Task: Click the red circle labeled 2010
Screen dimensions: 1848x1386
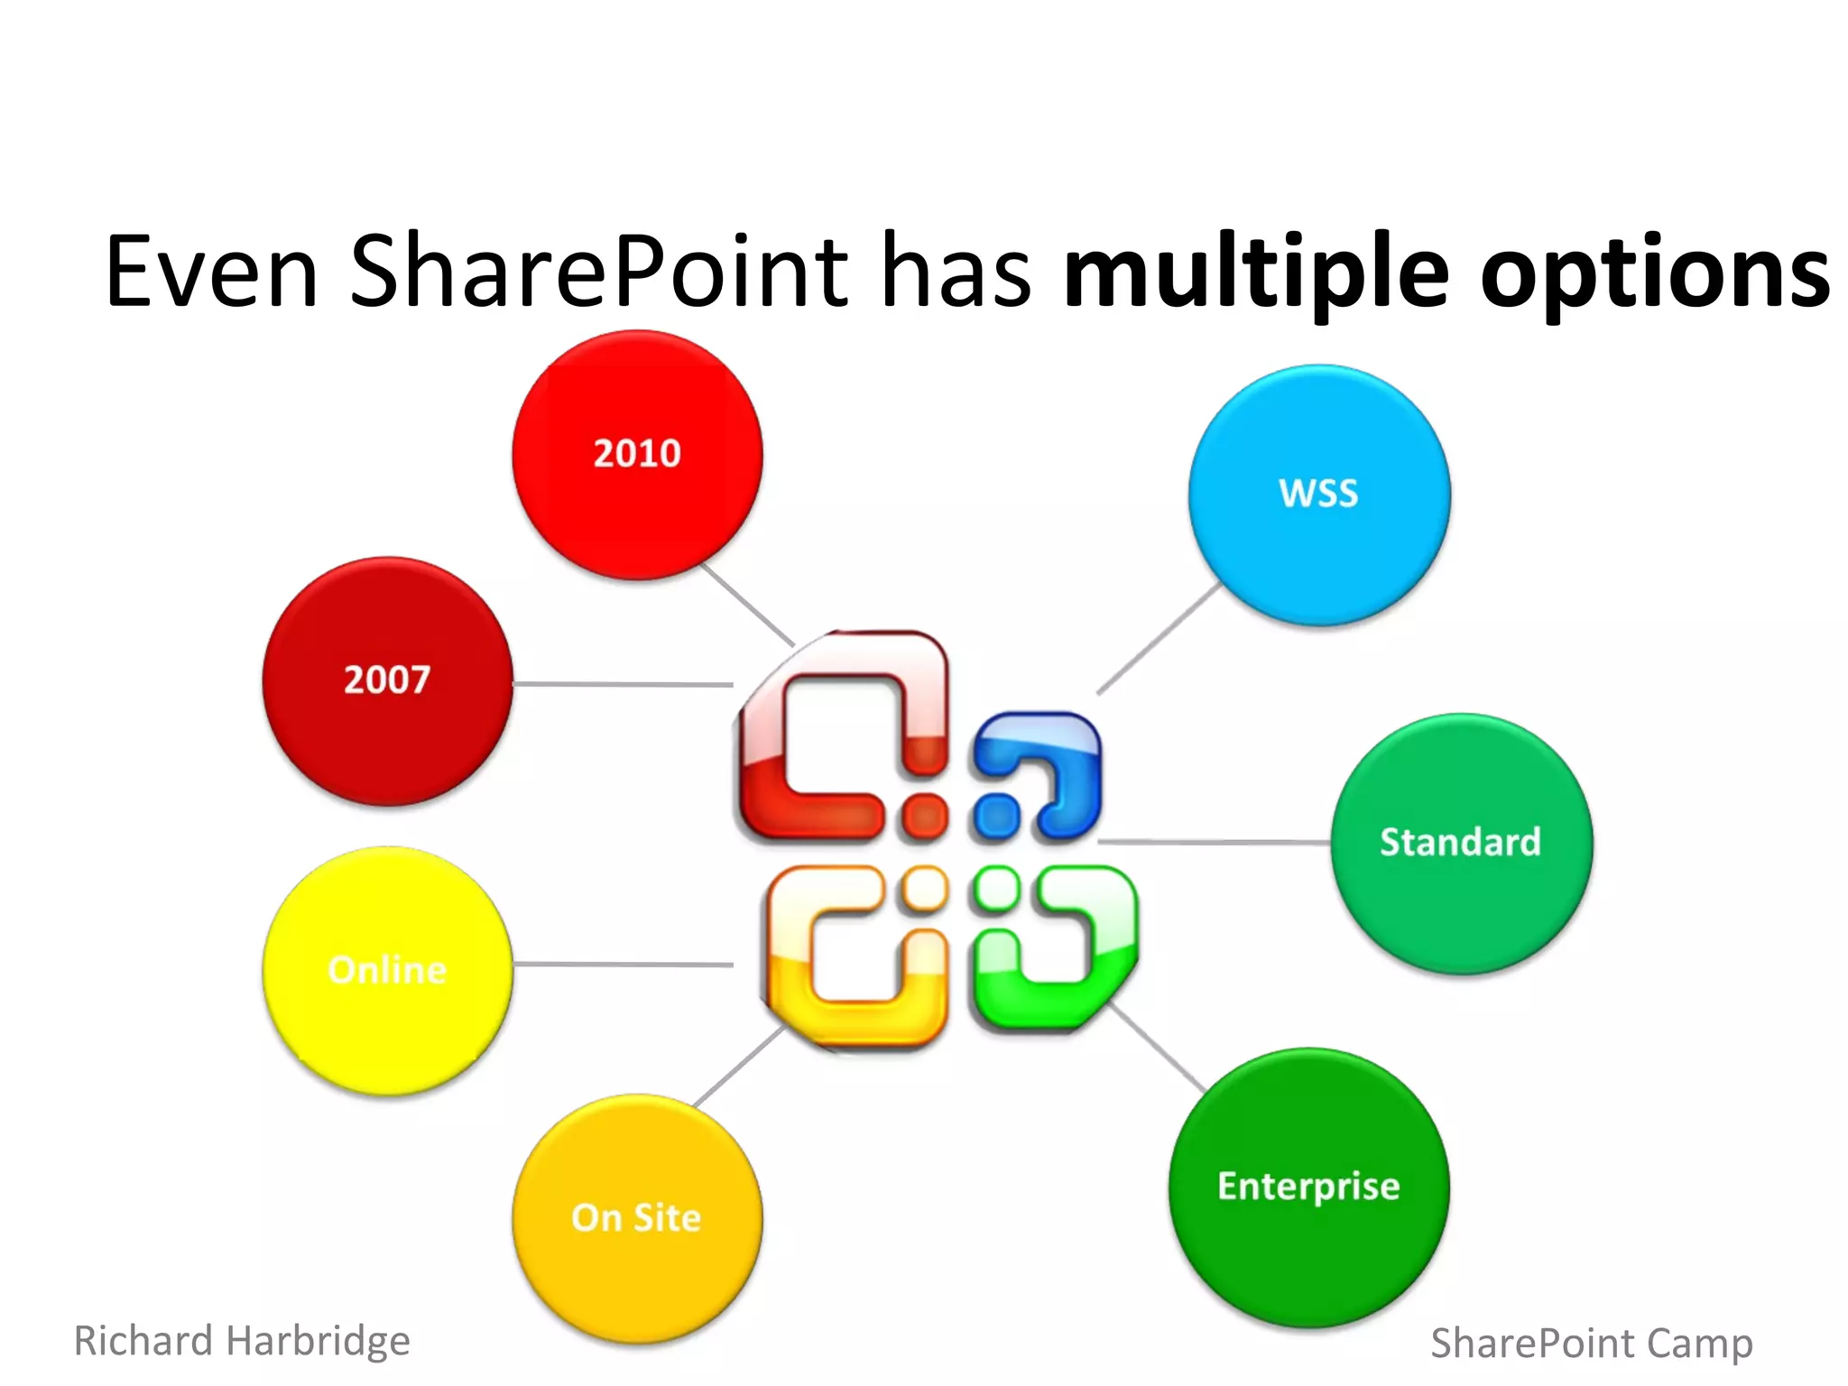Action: [x=637, y=455]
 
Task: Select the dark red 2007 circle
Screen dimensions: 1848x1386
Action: [x=387, y=681]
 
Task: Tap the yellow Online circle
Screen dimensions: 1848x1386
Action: [x=387, y=971]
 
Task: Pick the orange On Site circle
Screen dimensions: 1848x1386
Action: [x=637, y=1218]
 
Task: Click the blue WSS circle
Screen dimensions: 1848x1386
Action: [x=1318, y=494]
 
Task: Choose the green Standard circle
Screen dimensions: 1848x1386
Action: [x=1461, y=843]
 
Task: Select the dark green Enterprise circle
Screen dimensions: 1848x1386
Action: [x=1308, y=1187]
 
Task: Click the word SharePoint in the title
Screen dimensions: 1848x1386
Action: [x=598, y=271]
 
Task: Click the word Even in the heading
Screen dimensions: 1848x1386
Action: [x=211, y=271]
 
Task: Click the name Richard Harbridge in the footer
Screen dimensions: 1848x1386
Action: [x=242, y=1341]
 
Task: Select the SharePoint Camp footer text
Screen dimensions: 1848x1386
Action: [x=1591, y=1343]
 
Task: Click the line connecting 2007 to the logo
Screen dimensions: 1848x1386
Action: [x=623, y=684]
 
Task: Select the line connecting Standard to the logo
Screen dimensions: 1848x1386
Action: [x=1214, y=842]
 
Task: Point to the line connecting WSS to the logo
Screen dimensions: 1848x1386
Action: [x=1160, y=638]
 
